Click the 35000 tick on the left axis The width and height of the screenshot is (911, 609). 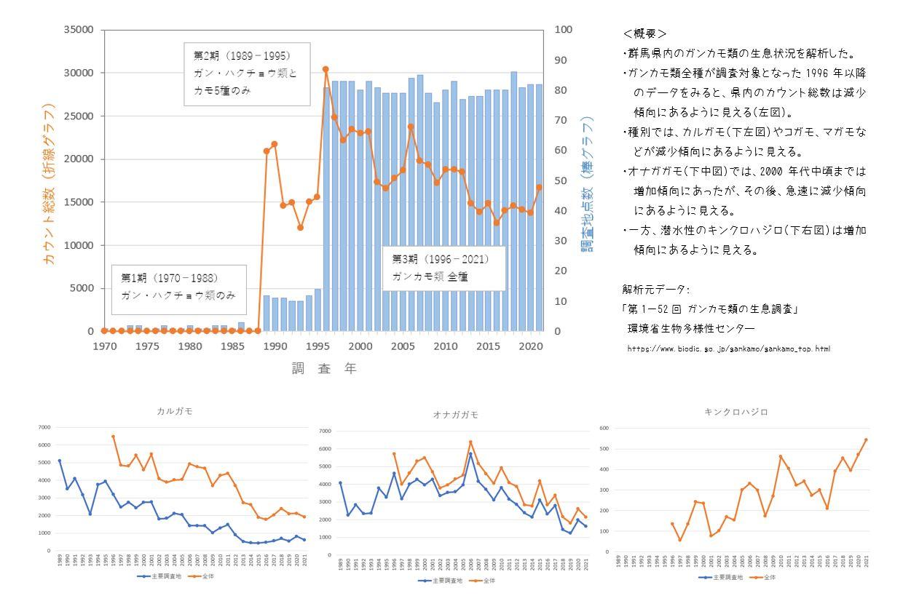79,30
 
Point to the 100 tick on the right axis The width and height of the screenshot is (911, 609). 565,30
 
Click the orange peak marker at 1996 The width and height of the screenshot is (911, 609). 326,69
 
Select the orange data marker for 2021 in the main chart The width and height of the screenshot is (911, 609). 539,187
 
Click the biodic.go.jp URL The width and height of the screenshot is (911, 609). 728,349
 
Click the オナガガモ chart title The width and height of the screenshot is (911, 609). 455,415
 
